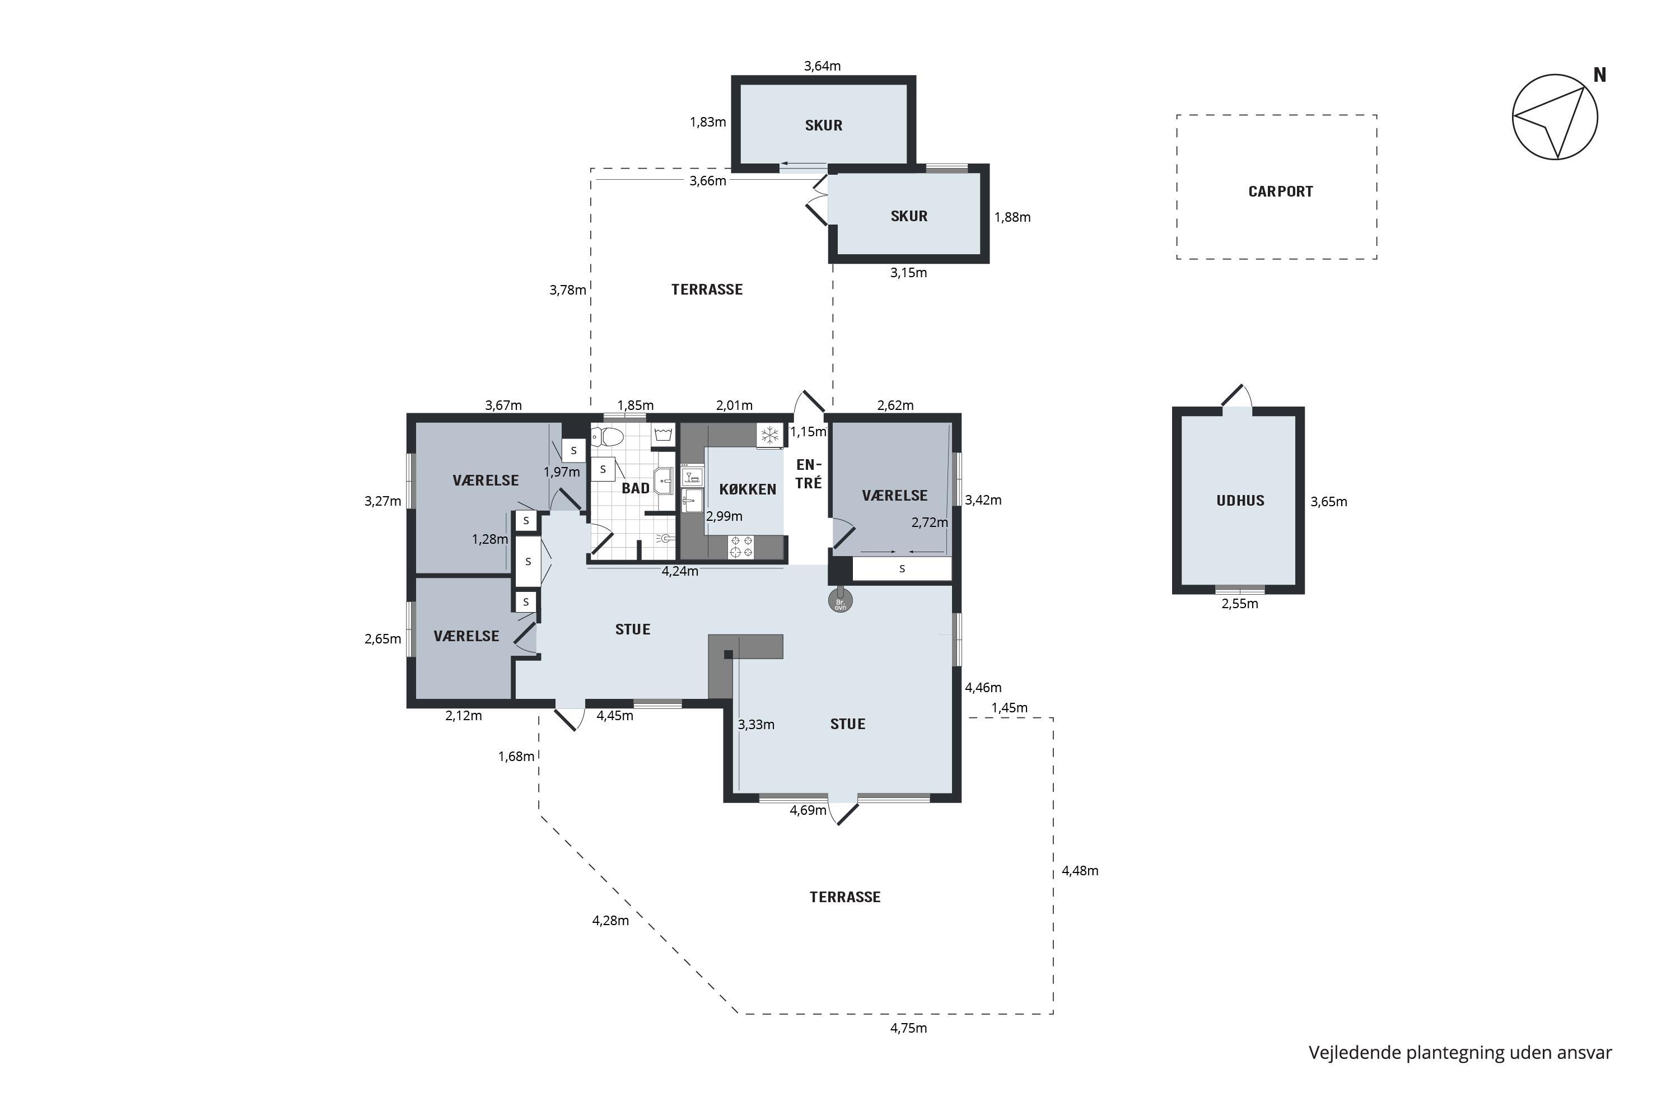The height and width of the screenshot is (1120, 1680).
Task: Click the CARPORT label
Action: (x=1280, y=192)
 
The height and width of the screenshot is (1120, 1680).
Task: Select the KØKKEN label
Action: (x=747, y=489)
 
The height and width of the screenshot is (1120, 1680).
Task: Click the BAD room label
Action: (x=635, y=488)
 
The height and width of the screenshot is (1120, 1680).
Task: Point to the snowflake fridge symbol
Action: (x=770, y=435)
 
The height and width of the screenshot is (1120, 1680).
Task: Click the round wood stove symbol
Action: (x=840, y=601)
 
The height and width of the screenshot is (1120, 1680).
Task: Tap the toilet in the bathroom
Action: (x=608, y=436)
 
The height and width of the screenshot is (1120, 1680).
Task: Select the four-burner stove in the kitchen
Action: (x=741, y=547)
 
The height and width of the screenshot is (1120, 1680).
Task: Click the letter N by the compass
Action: (x=1599, y=75)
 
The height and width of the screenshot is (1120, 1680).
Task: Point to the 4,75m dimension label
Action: (x=908, y=1028)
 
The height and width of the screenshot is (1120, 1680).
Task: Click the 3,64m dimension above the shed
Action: (x=822, y=66)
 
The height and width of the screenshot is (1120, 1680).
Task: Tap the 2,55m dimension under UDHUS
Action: (x=1239, y=604)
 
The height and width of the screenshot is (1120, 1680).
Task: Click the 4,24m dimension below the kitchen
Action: (x=680, y=571)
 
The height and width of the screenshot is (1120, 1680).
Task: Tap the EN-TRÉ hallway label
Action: (x=809, y=474)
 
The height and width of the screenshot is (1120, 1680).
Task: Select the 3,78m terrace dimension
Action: (x=568, y=290)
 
